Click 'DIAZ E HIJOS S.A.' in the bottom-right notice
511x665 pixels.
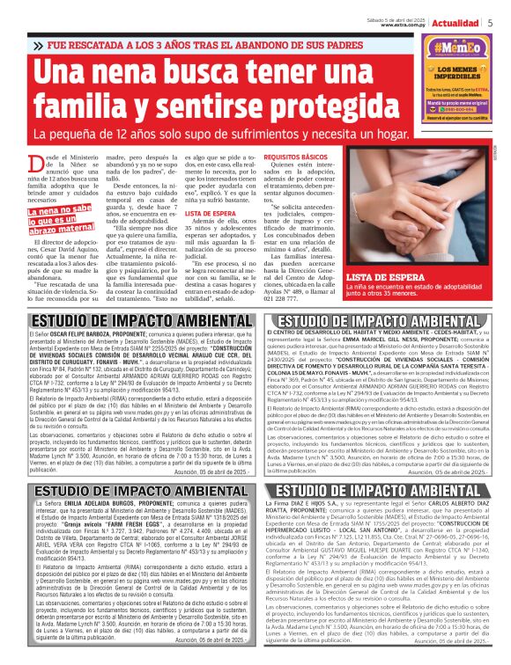click(x=298, y=502)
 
